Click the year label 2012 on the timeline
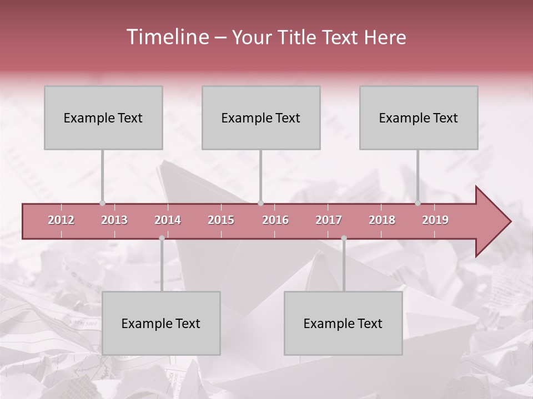pyautogui.click(x=61, y=220)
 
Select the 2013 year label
pyautogui.click(x=114, y=220)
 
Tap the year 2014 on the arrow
pyautogui.click(x=168, y=220)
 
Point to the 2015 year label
pyautogui.click(x=221, y=220)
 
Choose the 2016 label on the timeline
pyautogui.click(x=275, y=220)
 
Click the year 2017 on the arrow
pyautogui.click(x=329, y=220)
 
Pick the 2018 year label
pyautogui.click(x=382, y=220)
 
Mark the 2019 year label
pyautogui.click(x=435, y=220)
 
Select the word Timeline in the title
pyautogui.click(x=167, y=37)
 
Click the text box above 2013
pyautogui.click(x=103, y=117)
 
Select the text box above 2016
pyautogui.click(x=261, y=117)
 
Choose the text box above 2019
pyautogui.click(x=419, y=117)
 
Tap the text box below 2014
pyautogui.click(x=161, y=323)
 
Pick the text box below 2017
pyautogui.click(x=343, y=323)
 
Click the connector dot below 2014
pyautogui.click(x=162, y=238)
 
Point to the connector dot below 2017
pyautogui.click(x=344, y=238)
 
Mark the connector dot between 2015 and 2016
pyautogui.click(x=260, y=203)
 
